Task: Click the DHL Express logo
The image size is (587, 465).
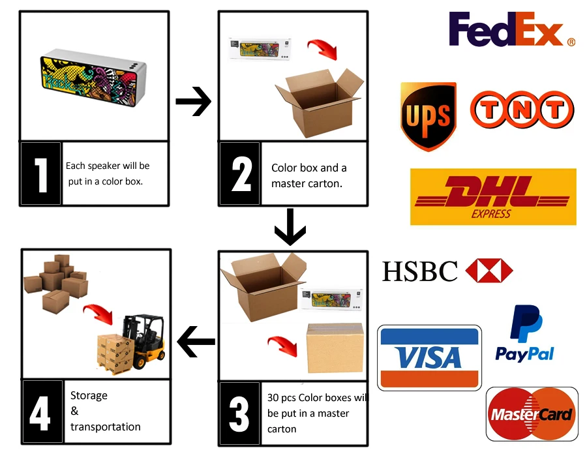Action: (x=493, y=196)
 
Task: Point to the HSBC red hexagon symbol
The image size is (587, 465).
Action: (x=489, y=271)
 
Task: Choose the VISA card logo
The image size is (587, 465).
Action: (x=429, y=357)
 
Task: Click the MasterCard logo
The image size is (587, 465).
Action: (x=532, y=414)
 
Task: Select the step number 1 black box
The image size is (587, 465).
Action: (x=40, y=174)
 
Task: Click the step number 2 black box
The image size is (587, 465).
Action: (x=240, y=174)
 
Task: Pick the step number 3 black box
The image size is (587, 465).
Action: (x=240, y=413)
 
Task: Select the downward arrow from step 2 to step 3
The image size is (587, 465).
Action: (x=290, y=226)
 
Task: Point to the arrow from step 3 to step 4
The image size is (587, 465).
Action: (x=196, y=341)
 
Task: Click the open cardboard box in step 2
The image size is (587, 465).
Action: (x=318, y=102)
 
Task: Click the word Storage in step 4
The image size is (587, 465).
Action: (x=89, y=395)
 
